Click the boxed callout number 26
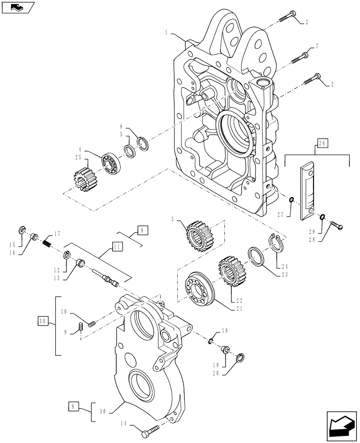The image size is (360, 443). click(322, 143)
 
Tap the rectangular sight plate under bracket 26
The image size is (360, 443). click(306, 191)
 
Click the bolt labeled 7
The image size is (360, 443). click(299, 58)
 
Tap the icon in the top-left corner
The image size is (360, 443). click(17, 7)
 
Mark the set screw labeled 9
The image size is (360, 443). click(81, 328)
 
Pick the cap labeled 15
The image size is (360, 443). click(21, 230)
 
